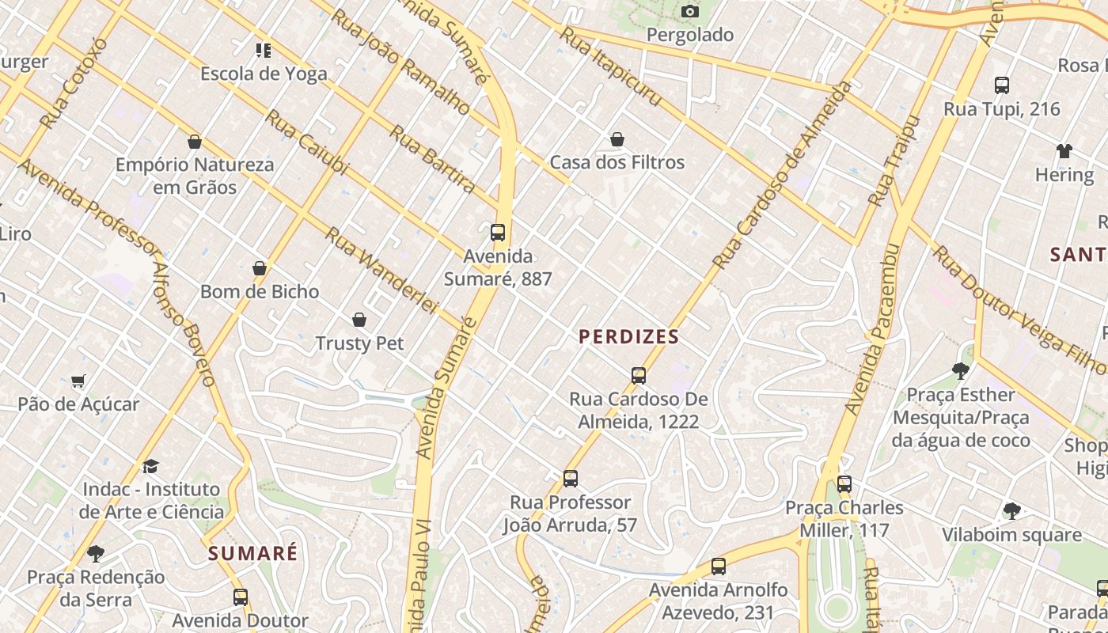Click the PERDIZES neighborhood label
[x=628, y=337]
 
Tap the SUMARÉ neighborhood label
[x=252, y=553]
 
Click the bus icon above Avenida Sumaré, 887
[x=498, y=233]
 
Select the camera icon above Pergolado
[x=690, y=11]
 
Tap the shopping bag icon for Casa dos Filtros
[x=617, y=140]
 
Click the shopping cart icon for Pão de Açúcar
[x=78, y=381]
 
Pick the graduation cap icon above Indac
[x=151, y=466]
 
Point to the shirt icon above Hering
[x=1064, y=151]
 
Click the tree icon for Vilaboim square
[x=1011, y=511]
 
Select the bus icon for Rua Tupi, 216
[x=1001, y=85]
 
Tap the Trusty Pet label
[x=359, y=343]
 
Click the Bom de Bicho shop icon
[x=259, y=269]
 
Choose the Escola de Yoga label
[x=264, y=74]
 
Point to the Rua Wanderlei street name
[x=381, y=270]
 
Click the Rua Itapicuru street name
[x=609, y=66]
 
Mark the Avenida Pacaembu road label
[x=872, y=329]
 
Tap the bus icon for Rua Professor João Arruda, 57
[x=570, y=479]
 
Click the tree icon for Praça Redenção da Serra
[x=96, y=553]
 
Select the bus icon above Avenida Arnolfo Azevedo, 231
[x=718, y=567]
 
